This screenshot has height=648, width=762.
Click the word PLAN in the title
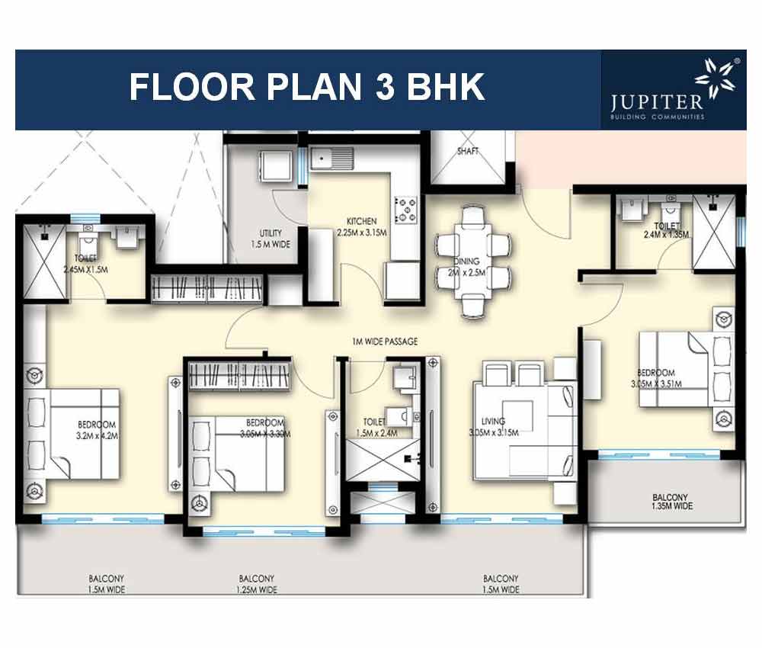307,88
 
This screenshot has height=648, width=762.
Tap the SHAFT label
468,151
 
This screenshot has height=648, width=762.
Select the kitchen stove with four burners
405,207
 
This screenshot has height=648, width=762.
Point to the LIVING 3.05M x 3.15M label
493,426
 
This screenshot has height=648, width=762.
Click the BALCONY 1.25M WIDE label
256,584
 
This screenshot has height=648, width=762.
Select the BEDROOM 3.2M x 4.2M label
97,429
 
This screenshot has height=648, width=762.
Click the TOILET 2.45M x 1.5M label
87,263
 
